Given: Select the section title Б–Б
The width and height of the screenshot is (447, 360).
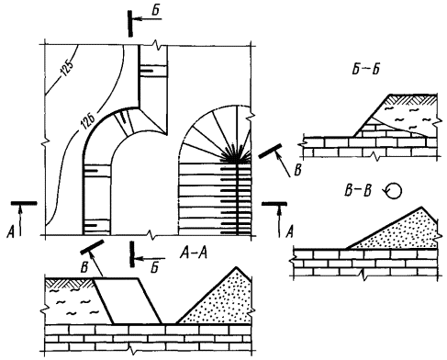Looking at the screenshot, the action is [x=365, y=69].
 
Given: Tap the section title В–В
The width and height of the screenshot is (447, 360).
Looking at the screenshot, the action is [x=358, y=191].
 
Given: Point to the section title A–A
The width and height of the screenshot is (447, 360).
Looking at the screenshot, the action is [x=194, y=253].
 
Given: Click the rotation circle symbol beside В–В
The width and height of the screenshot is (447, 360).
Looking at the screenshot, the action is [x=393, y=191].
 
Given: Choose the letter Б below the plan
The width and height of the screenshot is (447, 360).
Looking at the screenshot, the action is [x=155, y=267].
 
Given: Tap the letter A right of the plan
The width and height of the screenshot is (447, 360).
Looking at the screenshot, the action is [x=289, y=231].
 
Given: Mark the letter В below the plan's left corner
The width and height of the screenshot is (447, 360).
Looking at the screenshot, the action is [x=84, y=267].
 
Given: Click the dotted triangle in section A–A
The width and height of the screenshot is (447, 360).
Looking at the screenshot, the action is [x=219, y=300].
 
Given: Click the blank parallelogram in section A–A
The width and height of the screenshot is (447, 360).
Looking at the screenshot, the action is [x=128, y=301].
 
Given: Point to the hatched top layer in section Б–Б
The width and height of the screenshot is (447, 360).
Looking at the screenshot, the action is [x=411, y=99].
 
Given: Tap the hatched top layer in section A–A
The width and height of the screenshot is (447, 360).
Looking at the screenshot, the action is [x=70, y=283].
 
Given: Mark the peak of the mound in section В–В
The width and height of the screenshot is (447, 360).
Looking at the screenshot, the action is [x=421, y=208].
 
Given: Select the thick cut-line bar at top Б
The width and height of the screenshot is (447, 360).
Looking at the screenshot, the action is [x=130, y=24].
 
